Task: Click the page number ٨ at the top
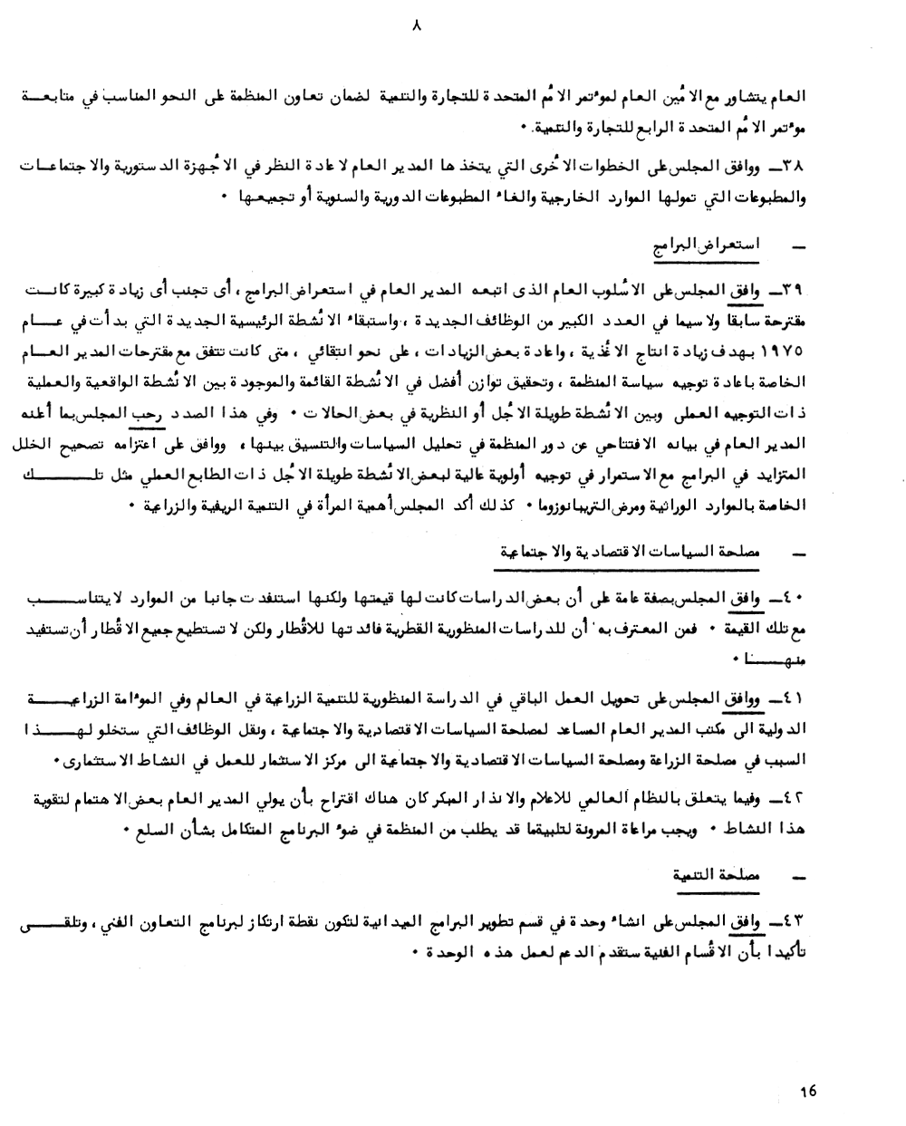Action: [417, 28]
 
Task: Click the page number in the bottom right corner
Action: [808, 1091]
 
